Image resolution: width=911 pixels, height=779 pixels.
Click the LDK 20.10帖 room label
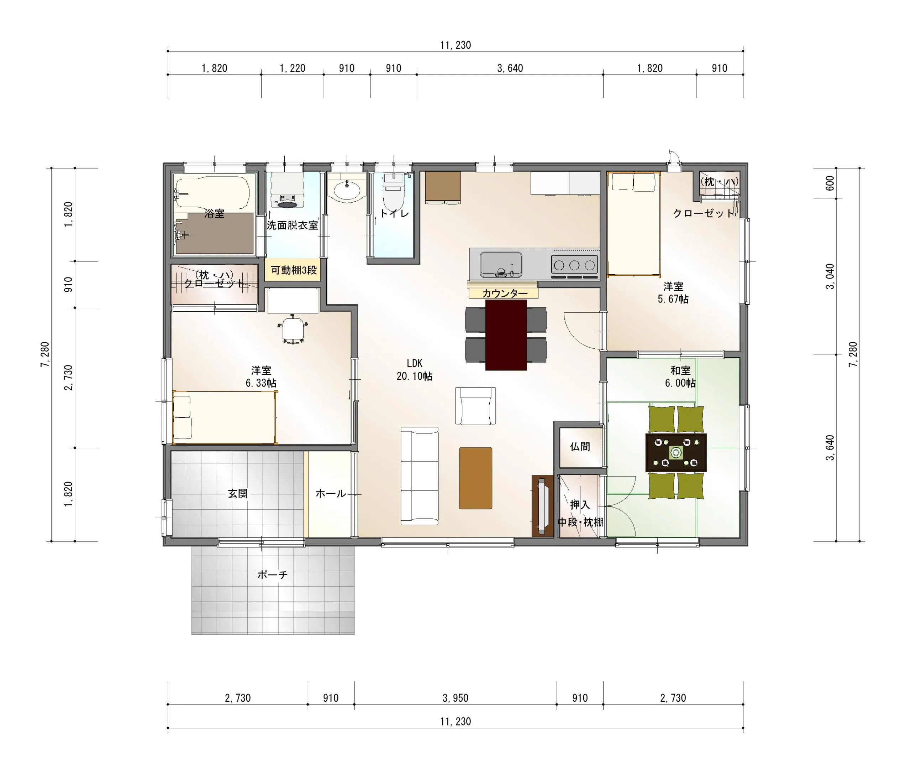[414, 370]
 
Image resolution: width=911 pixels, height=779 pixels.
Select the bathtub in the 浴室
[213, 193]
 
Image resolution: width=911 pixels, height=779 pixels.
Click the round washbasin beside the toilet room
[347, 191]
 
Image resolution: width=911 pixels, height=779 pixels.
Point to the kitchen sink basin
[501, 265]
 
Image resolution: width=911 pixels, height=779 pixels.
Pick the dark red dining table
[506, 335]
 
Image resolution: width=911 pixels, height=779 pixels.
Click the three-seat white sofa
[420, 476]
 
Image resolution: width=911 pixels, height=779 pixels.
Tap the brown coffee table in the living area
[475, 478]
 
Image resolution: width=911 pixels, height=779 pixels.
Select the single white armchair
[476, 406]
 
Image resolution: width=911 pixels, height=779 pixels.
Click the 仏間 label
[580, 447]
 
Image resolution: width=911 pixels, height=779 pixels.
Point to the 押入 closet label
[580, 505]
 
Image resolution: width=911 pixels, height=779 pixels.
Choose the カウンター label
[505, 294]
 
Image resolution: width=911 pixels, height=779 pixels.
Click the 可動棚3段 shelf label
[294, 270]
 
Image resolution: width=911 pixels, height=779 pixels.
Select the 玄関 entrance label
[238, 493]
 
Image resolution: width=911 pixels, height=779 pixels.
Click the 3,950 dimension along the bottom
[455, 698]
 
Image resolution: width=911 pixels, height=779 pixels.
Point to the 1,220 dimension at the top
[293, 68]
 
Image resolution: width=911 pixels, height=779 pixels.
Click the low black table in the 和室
[676, 452]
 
